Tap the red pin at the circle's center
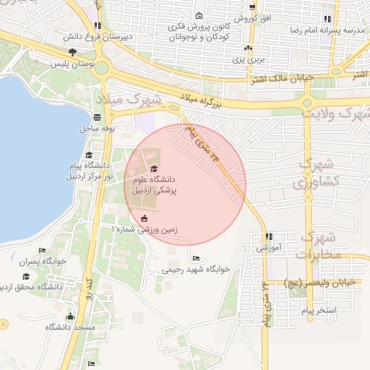point(152,169)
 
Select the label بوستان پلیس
point(73,64)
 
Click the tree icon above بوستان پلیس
point(72,52)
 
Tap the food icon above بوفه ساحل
point(98,117)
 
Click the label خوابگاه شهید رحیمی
point(196,269)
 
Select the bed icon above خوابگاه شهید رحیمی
point(196,258)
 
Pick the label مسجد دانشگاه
point(70,327)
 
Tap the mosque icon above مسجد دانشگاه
point(70,316)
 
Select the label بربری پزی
point(250,60)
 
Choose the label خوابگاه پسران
point(42,262)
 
